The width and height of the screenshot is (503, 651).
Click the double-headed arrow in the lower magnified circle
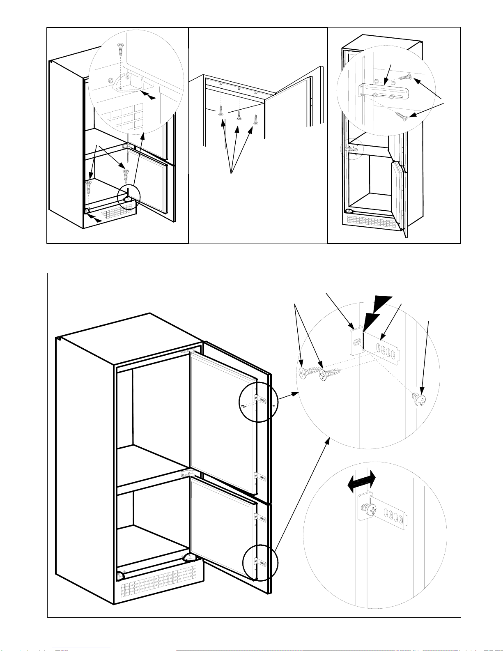click(361, 481)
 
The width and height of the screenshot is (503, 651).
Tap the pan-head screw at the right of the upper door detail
click(419, 399)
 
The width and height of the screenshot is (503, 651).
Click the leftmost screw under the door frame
click(220, 111)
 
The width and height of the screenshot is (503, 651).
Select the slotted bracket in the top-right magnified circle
click(384, 90)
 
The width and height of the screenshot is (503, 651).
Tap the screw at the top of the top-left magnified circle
click(121, 50)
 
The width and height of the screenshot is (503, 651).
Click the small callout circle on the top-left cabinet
click(129, 197)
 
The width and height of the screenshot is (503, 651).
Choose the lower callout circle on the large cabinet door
click(260, 563)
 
